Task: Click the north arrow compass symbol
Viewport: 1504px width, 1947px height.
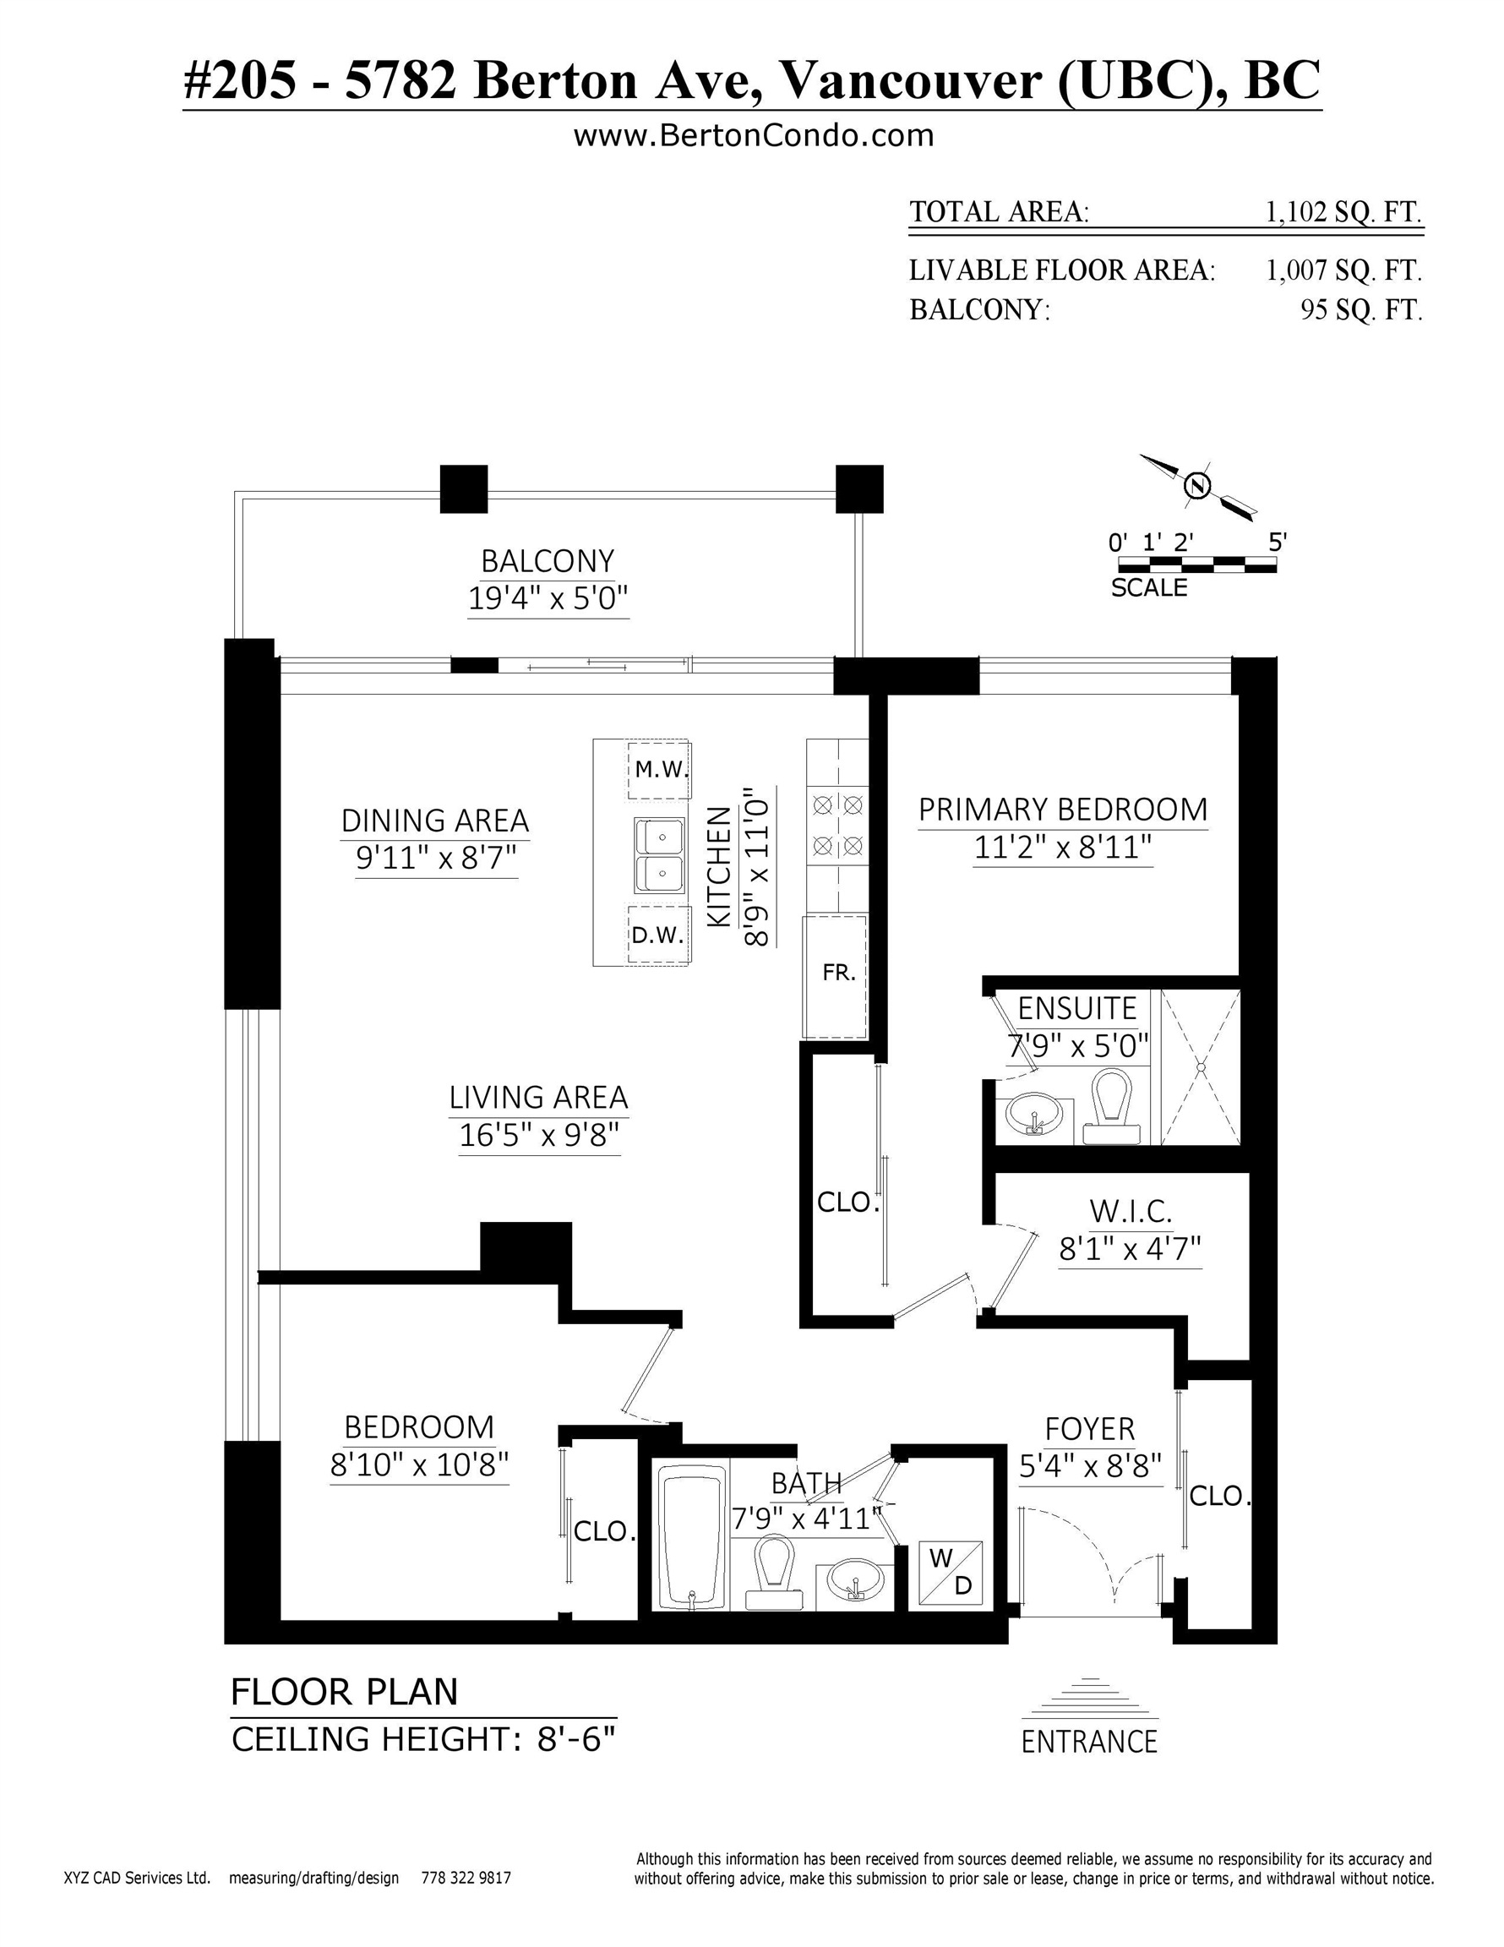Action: point(1197,486)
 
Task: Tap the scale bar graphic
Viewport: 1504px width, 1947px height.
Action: point(1196,564)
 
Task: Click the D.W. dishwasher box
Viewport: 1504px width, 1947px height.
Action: point(658,935)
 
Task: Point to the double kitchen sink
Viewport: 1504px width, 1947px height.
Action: point(660,856)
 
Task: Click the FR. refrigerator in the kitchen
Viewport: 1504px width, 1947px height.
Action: point(836,976)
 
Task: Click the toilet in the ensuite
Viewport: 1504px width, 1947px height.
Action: point(1111,1106)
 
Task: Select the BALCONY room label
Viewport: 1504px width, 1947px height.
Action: point(548,562)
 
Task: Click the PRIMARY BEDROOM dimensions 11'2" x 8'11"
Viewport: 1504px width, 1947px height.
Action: point(1063,847)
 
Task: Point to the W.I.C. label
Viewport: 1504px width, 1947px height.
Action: point(1131,1212)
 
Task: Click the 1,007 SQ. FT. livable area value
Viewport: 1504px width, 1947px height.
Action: point(1343,270)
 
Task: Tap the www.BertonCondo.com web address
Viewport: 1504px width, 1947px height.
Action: point(754,135)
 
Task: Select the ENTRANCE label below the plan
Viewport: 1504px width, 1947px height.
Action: point(1088,1741)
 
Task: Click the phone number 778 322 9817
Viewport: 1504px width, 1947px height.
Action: point(466,1878)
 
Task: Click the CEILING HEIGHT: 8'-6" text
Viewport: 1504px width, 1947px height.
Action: point(423,1738)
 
